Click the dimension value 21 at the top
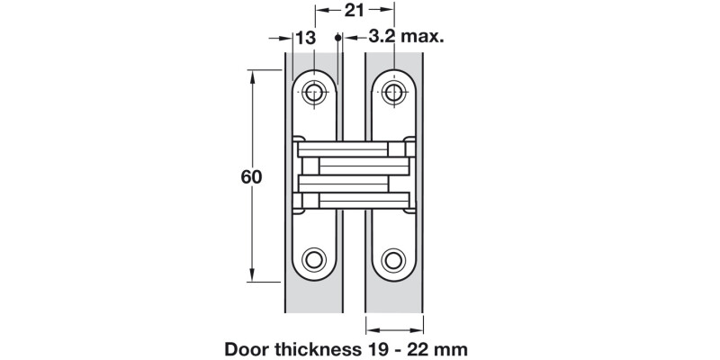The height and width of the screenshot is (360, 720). pos(354,11)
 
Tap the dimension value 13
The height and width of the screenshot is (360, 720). pos(306,37)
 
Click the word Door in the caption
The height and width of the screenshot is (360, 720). pos(247,346)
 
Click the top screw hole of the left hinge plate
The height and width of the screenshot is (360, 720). pos(314,92)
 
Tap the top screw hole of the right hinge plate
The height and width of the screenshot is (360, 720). pos(392,92)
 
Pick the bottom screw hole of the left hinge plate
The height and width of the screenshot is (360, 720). pos(314,260)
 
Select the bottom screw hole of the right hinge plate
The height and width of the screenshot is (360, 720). pos(392,260)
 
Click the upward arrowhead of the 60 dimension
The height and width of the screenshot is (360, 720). pos(253,77)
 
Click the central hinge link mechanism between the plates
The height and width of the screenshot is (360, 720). pos(353,175)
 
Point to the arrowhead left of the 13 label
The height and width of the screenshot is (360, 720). pos(281,38)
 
